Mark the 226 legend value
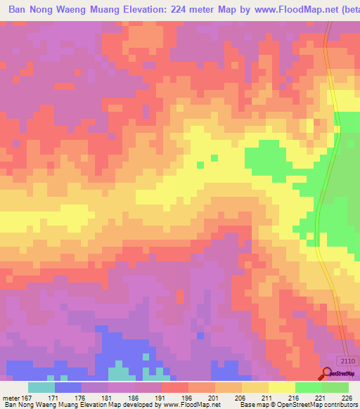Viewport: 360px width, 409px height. coord(345,397)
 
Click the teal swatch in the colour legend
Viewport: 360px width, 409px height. coord(41,387)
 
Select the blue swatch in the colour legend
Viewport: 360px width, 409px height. coord(68,387)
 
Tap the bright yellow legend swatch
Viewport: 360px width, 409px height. coord(281,387)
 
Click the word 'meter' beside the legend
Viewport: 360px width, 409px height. coord(13,397)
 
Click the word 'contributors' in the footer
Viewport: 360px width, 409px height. coord(340,405)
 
